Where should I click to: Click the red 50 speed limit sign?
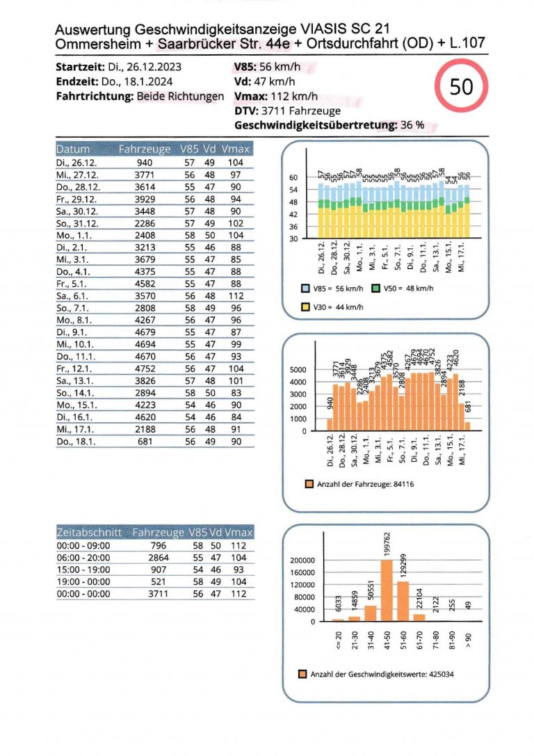(461, 87)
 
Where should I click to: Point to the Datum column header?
(73, 149)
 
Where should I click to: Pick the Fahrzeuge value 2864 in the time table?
(159, 556)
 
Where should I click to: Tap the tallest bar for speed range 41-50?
(387, 590)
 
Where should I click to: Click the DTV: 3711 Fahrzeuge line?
(287, 110)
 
